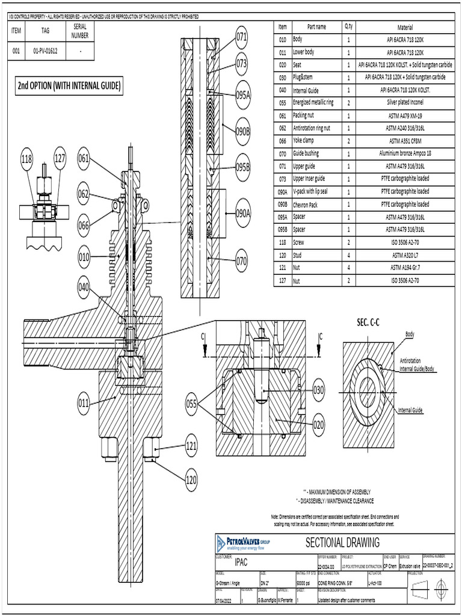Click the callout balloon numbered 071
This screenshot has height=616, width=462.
click(242, 37)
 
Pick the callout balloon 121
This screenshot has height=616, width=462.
click(191, 446)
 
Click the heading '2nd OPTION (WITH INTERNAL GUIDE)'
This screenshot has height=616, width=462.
click(69, 86)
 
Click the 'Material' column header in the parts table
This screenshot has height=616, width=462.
click(405, 27)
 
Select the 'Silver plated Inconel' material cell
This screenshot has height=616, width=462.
click(405, 102)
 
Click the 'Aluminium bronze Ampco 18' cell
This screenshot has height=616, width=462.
click(405, 153)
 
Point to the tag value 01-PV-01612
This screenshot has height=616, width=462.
click(45, 52)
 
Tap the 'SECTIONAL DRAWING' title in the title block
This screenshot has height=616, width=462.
click(343, 543)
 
